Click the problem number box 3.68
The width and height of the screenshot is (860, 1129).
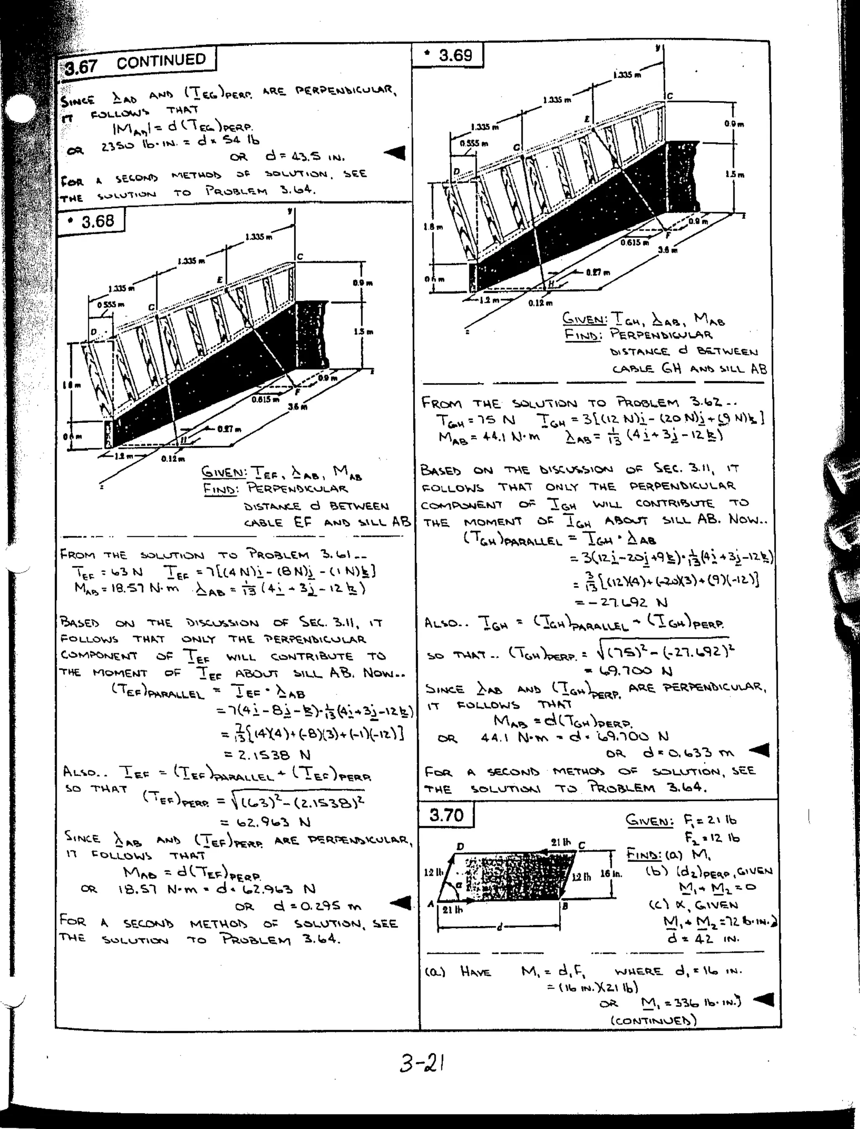click(x=92, y=222)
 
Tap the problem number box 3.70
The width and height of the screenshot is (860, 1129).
click(x=446, y=814)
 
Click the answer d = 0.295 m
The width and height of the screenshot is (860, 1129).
click(x=317, y=906)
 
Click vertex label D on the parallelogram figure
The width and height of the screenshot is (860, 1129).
click(x=460, y=847)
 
